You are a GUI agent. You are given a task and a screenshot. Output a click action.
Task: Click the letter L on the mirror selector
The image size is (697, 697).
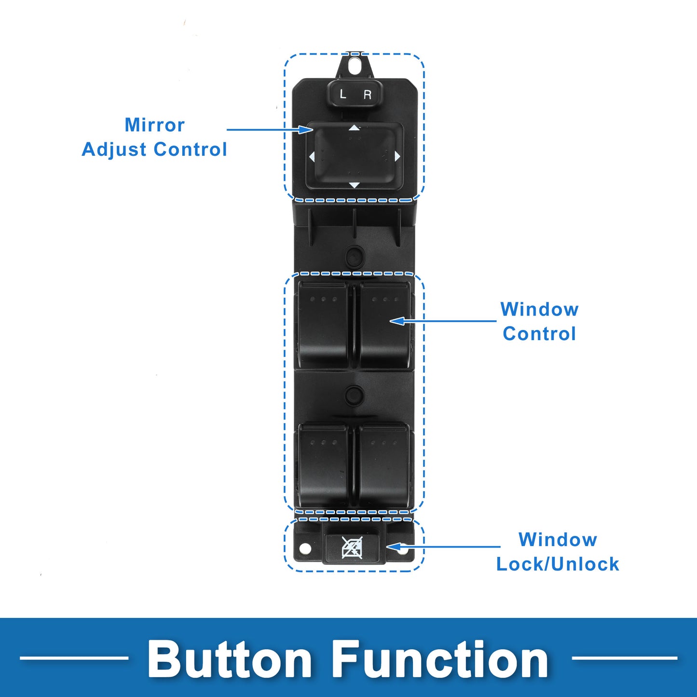coord(343,94)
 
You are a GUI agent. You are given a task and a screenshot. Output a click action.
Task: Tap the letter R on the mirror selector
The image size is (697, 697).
coord(368,95)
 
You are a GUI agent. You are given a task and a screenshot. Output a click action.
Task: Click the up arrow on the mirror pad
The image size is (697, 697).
coord(354,128)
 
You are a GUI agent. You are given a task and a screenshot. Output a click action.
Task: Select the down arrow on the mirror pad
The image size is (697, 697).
coord(354,185)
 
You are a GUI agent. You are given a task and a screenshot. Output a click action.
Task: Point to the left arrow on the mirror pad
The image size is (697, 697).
coord(312,157)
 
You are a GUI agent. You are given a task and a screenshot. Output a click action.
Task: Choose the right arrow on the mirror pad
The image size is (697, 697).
coord(397,156)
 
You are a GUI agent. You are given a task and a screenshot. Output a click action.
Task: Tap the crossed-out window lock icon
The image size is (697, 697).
coord(352,547)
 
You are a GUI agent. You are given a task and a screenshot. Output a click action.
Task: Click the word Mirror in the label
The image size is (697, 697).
coord(154,125)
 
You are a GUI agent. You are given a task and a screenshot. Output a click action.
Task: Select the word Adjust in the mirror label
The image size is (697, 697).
coord(114,150)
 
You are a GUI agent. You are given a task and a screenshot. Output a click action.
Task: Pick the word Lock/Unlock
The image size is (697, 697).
coord(558,564)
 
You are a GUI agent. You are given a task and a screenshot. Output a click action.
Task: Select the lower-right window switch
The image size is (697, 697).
coord(385,466)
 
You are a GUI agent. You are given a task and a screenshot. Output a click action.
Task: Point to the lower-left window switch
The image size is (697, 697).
coord(323,466)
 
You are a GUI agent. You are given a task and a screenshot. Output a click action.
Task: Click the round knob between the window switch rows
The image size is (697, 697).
coord(354,395)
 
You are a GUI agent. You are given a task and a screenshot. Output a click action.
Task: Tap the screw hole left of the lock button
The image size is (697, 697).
coord(305,549)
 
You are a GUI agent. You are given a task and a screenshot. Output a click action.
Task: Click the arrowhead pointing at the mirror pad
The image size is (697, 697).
coord(306,129)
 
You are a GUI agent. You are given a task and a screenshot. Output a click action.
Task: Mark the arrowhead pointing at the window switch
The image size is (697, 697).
coord(397,321)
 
